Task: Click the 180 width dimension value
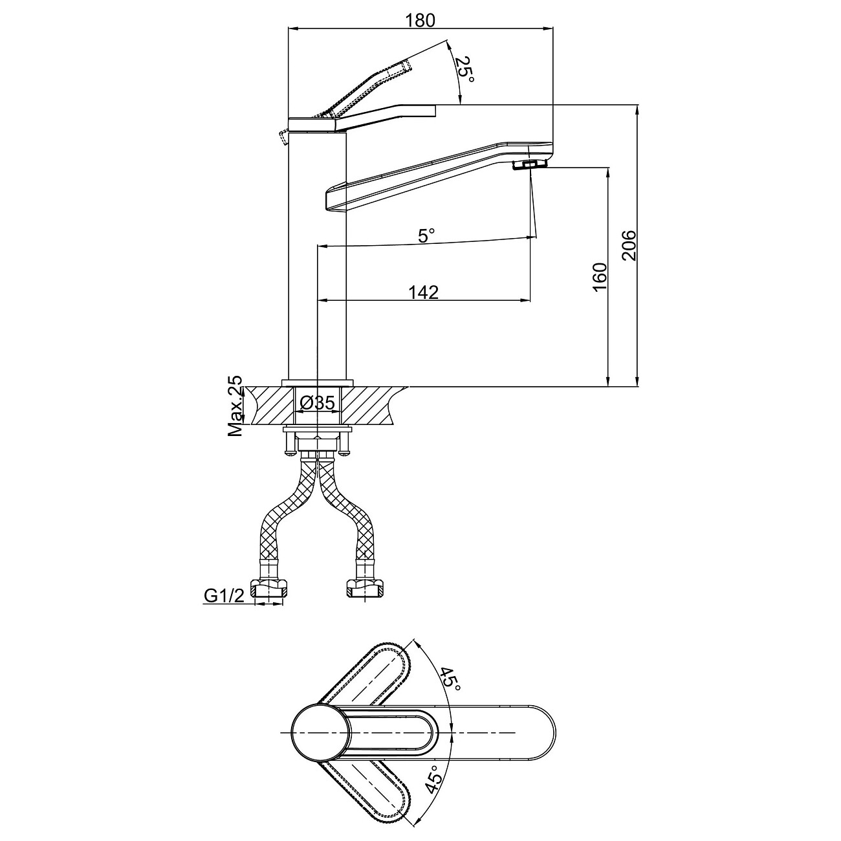pyautogui.click(x=420, y=20)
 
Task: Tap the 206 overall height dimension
pyautogui.click(x=629, y=245)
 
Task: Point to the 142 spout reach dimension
pyautogui.click(x=423, y=292)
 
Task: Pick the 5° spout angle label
pyautogui.click(x=426, y=235)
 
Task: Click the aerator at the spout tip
pyautogui.click(x=529, y=164)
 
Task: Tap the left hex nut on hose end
pyautogui.click(x=269, y=588)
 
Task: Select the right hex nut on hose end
pyautogui.click(x=365, y=588)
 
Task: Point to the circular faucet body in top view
pyautogui.click(x=320, y=732)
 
